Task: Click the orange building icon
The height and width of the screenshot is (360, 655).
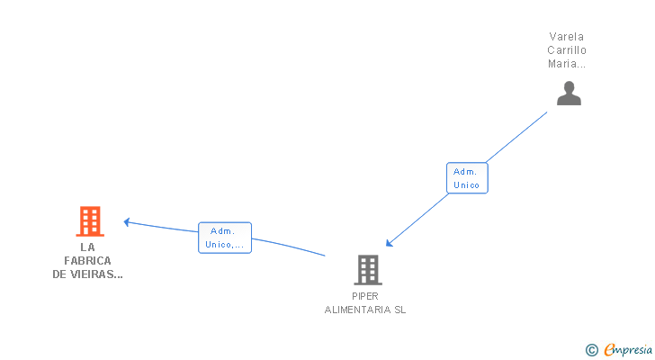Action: pyautogui.click(x=89, y=220)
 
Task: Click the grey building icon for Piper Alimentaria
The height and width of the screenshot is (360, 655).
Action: pyautogui.click(x=367, y=269)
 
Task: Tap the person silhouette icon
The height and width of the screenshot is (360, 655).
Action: pyautogui.click(x=569, y=93)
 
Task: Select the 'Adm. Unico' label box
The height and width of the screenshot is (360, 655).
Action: pyautogui.click(x=466, y=178)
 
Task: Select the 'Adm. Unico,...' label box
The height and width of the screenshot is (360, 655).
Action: pyautogui.click(x=224, y=238)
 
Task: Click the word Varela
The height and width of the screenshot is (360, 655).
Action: pyautogui.click(x=567, y=37)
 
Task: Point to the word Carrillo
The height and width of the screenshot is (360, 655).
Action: pyautogui.click(x=567, y=50)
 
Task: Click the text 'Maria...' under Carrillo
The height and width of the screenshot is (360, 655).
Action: pyautogui.click(x=567, y=64)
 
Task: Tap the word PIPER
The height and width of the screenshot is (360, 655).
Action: pyautogui.click(x=365, y=295)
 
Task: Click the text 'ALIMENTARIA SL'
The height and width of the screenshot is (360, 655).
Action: pyautogui.click(x=365, y=309)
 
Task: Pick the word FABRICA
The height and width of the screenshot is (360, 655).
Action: pyautogui.click(x=87, y=261)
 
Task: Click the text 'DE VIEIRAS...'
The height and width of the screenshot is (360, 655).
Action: pyautogui.click(x=87, y=274)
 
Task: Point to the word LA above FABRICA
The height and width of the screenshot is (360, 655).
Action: pyautogui.click(x=87, y=247)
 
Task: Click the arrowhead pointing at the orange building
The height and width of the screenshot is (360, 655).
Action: pyautogui.click(x=128, y=221)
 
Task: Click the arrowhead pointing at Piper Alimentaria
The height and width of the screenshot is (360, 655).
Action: pyautogui.click(x=389, y=243)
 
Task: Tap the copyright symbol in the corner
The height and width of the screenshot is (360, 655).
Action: pyautogui.click(x=591, y=350)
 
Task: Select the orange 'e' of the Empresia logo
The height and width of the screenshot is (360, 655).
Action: pyautogui.click(x=609, y=350)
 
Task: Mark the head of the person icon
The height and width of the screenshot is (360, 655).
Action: pyautogui.click(x=569, y=86)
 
